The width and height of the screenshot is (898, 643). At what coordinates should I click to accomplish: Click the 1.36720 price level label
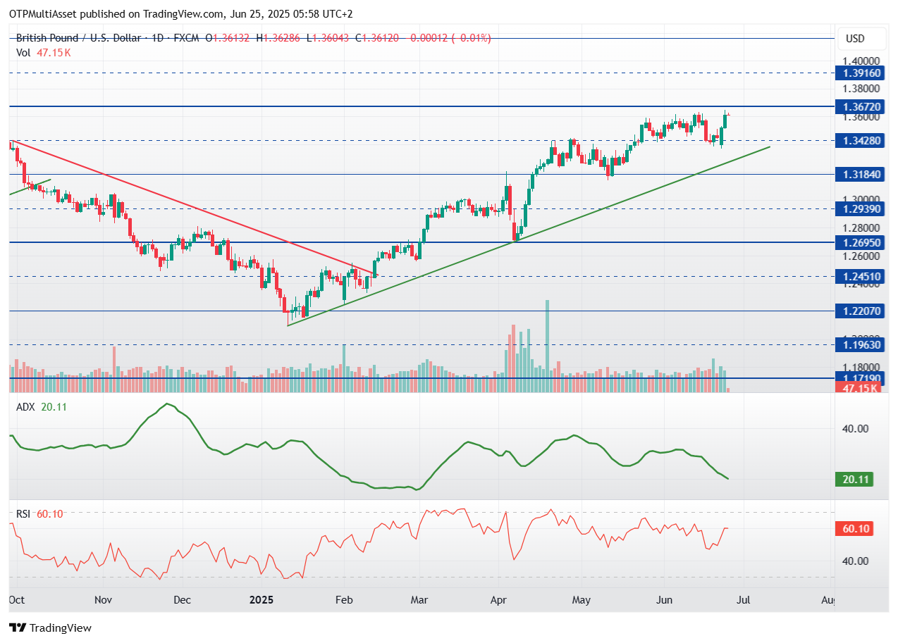[857, 106]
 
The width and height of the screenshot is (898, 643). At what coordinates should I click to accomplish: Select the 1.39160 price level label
[857, 73]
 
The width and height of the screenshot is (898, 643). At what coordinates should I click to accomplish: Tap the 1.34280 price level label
[857, 141]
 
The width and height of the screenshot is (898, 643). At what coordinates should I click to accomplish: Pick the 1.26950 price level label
[857, 242]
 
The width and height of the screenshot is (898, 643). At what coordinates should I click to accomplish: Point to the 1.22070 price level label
[857, 311]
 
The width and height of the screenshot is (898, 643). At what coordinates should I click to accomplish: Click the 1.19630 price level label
[857, 345]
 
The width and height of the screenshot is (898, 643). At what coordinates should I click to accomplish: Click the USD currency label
[854, 39]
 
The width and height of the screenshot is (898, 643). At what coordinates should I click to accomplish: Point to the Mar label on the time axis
[419, 600]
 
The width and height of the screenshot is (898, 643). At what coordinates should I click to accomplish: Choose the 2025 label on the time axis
[262, 600]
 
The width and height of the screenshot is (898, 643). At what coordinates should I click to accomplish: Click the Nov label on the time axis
[103, 600]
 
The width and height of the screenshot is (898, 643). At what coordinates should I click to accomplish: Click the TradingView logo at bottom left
[50, 628]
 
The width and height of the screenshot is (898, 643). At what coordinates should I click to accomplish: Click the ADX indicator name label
[25, 406]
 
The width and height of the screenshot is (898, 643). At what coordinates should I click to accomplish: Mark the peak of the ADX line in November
[167, 404]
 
